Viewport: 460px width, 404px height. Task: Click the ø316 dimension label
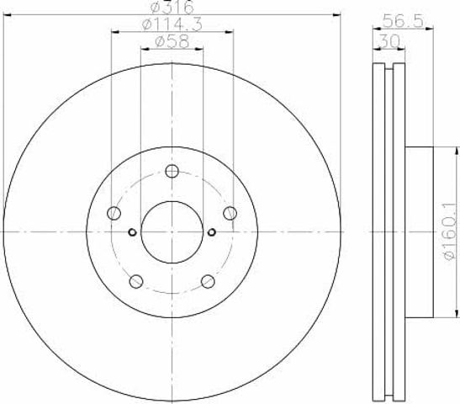[x=172, y=7]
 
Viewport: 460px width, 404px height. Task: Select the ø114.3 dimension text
[x=172, y=24]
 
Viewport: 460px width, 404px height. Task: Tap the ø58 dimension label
[x=172, y=42]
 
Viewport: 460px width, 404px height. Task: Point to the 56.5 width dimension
[x=404, y=21]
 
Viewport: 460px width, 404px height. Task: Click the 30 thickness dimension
[x=389, y=41]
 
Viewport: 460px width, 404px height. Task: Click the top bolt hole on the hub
[x=172, y=171]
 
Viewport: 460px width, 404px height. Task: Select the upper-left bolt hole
[x=114, y=213]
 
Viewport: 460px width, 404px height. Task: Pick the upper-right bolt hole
[x=230, y=213]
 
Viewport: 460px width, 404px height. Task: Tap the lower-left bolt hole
[x=136, y=281]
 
